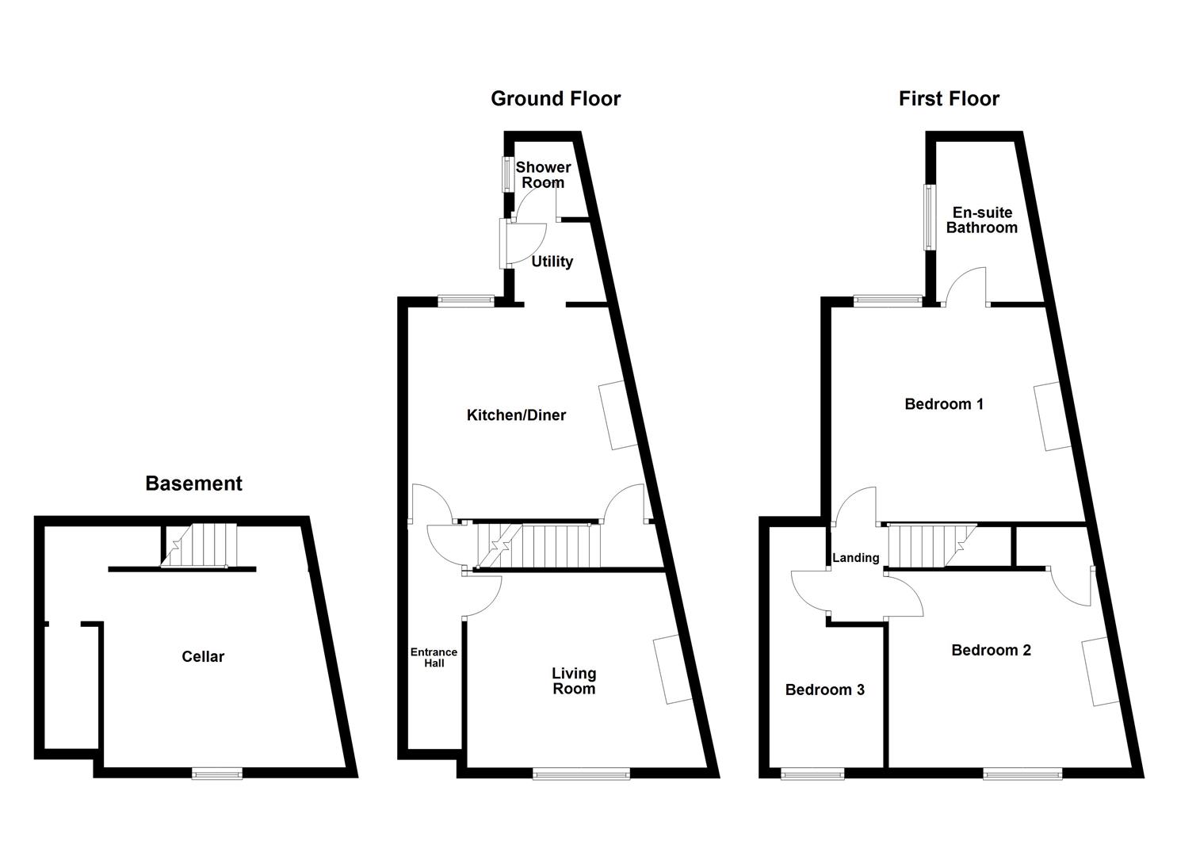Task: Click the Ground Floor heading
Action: point(556,99)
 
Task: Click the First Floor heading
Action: point(949,99)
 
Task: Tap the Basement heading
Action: point(193,483)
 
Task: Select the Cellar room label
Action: point(203,656)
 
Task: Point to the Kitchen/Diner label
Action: point(516,415)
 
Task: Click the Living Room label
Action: point(574,681)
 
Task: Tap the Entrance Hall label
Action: point(434,657)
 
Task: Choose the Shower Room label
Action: point(543,174)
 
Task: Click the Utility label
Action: point(552,262)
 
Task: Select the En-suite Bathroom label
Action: point(981,220)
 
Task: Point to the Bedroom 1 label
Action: point(944,404)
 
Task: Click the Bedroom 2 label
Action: point(991,650)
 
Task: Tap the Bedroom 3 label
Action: point(824,690)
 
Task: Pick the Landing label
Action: point(855,557)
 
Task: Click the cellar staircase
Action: point(199,545)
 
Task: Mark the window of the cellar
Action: point(217,773)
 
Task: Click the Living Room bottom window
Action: point(581,773)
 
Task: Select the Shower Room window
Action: point(507,174)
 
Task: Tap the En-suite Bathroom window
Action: point(930,217)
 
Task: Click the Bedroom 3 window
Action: point(812,774)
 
